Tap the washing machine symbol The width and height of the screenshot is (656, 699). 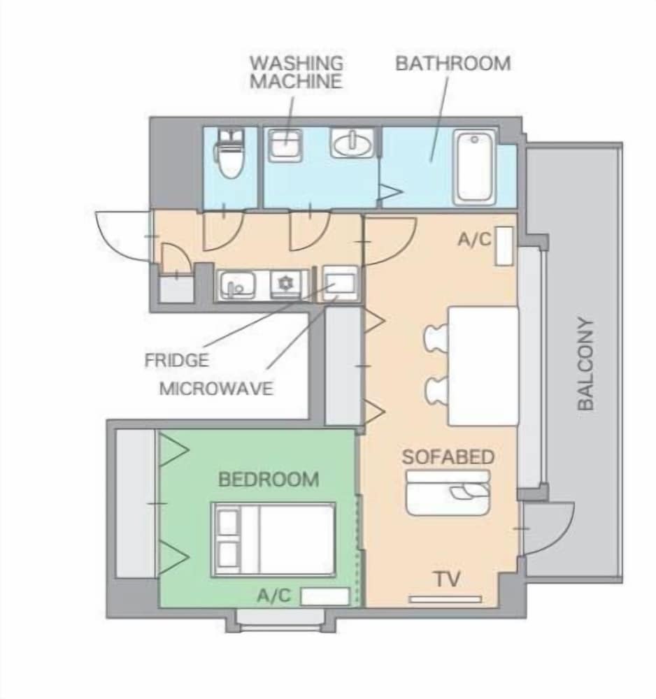285,145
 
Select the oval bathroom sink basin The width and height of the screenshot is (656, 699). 352,143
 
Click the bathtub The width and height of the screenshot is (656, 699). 474,167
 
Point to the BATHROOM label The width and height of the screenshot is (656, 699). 453,64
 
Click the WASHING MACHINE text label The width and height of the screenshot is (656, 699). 297,72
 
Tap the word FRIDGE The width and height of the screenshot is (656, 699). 177,360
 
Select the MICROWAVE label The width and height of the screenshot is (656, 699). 216,389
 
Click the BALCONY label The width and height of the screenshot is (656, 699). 586,363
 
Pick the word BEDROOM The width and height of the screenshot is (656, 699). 269,480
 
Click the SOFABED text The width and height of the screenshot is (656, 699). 448,457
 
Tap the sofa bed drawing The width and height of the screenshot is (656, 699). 448,493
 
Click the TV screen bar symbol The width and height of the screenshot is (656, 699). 445,599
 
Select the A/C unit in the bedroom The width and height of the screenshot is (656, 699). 325,596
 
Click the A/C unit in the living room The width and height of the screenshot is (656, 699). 504,246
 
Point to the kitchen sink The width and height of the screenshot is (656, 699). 237,284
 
